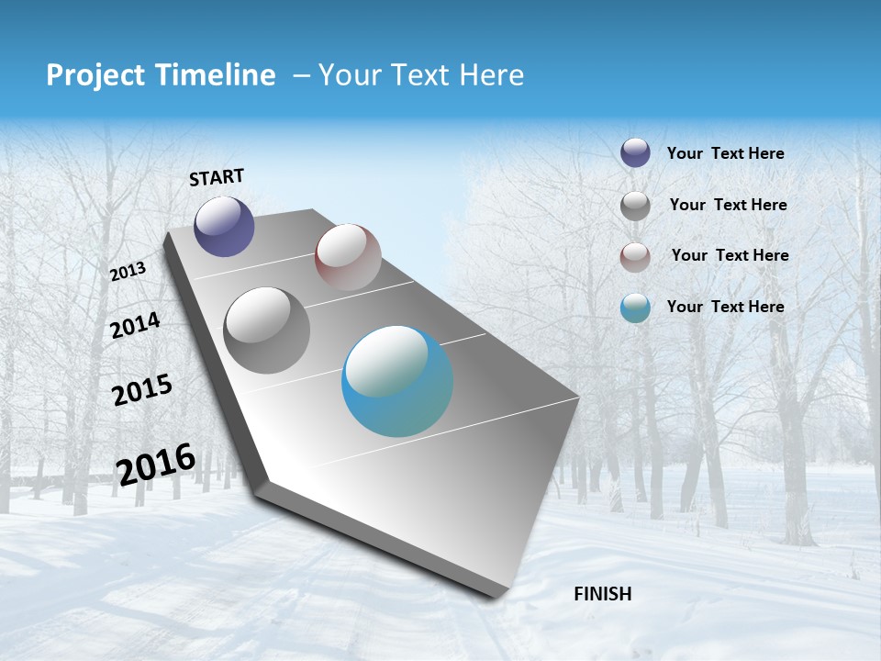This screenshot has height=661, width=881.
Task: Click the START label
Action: tap(217, 177)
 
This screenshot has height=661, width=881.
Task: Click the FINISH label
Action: tap(602, 594)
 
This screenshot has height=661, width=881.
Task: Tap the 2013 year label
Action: tap(128, 272)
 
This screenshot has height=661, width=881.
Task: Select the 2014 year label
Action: tap(135, 325)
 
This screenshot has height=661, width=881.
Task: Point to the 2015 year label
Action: tap(141, 390)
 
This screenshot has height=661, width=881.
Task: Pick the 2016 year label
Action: tap(156, 464)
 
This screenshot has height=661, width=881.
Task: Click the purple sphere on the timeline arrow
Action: tap(224, 226)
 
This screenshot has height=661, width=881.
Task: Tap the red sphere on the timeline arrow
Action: tap(348, 256)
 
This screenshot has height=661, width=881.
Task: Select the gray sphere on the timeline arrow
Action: tap(266, 330)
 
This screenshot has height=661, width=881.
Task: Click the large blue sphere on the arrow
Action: tap(397, 381)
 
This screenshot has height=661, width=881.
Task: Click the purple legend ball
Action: tap(635, 153)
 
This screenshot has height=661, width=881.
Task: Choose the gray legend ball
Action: tap(635, 205)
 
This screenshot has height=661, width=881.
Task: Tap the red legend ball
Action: tap(635, 256)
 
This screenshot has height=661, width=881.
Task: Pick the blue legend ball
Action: tap(635, 308)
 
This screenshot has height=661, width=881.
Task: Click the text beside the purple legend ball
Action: tap(725, 153)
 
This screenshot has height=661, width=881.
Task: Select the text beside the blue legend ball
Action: tap(725, 307)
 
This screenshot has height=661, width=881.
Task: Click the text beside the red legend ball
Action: tap(730, 255)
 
